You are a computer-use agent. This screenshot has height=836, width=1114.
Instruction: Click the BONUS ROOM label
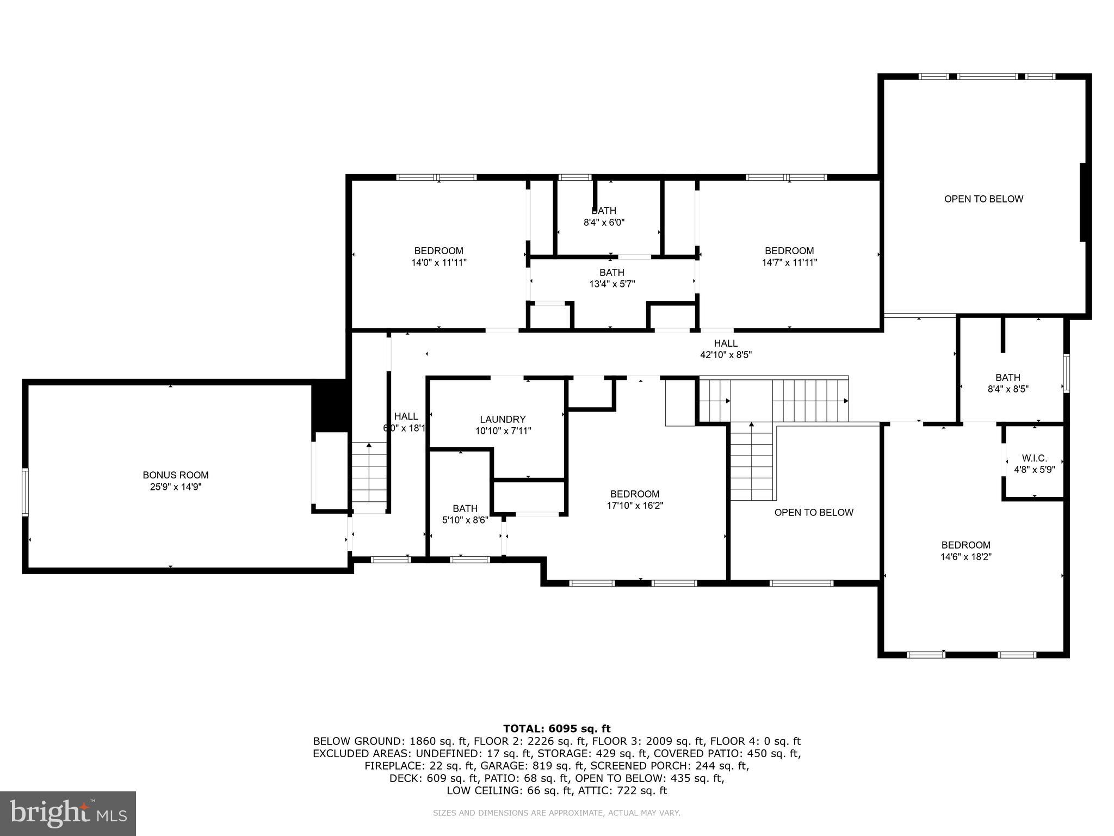point(175,475)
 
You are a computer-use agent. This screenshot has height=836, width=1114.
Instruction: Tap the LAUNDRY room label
point(503,419)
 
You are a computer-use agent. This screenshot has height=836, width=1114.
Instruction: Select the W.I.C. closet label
point(1034,458)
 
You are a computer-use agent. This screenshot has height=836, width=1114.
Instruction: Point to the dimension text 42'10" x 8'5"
point(726,355)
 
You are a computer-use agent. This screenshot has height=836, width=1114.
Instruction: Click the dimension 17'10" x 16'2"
point(635,506)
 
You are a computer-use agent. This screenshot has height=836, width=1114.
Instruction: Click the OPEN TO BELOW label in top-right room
point(983,199)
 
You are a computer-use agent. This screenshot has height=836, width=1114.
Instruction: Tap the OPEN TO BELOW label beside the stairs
point(814,512)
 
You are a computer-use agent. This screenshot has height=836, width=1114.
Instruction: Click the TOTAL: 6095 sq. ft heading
point(556,729)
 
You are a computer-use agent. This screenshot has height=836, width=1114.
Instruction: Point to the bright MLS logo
point(68,813)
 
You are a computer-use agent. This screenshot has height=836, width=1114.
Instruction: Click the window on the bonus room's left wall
point(25,491)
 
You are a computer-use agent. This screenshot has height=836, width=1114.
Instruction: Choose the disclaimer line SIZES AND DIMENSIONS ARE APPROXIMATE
point(556,813)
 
